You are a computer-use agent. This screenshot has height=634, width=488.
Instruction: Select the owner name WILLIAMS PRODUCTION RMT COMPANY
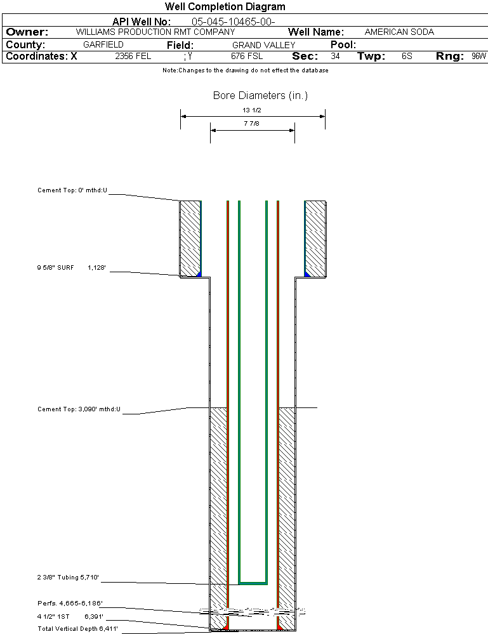pyautogui.click(x=155, y=32)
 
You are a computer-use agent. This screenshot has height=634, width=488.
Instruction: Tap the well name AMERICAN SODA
pyautogui.click(x=399, y=32)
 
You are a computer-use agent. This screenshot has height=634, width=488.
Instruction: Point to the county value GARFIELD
pyautogui.click(x=103, y=45)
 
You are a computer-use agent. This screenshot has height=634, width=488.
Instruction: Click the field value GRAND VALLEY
pyautogui.click(x=263, y=45)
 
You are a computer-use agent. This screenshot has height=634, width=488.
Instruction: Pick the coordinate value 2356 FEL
pyautogui.click(x=133, y=56)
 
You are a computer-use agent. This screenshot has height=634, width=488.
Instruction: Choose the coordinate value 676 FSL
pyautogui.click(x=246, y=56)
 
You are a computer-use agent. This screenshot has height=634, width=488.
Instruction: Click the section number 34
pyautogui.click(x=335, y=56)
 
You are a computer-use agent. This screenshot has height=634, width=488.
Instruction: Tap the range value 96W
pyautogui.click(x=478, y=56)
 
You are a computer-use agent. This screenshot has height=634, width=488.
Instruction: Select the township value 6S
pyautogui.click(x=407, y=56)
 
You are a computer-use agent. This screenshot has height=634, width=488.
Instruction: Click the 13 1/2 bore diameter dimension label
pyautogui.click(x=252, y=110)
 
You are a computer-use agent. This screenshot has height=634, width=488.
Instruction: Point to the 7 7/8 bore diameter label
pyautogui.click(x=252, y=124)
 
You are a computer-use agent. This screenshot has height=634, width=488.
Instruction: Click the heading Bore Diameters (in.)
pyautogui.click(x=260, y=96)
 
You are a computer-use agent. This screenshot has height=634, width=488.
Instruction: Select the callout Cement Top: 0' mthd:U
pyautogui.click(x=72, y=190)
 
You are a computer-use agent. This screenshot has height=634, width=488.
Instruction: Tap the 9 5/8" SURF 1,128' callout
pyautogui.click(x=70, y=268)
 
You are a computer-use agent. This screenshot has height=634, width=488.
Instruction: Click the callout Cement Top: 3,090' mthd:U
pyautogui.click(x=79, y=409)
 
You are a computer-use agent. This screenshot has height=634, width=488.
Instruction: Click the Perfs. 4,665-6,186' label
pyautogui.click(x=70, y=603)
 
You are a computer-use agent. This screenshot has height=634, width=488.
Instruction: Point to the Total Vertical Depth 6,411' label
pyautogui.click(x=77, y=628)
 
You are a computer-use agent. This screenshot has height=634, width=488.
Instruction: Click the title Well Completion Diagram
pyautogui.click(x=225, y=7)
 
